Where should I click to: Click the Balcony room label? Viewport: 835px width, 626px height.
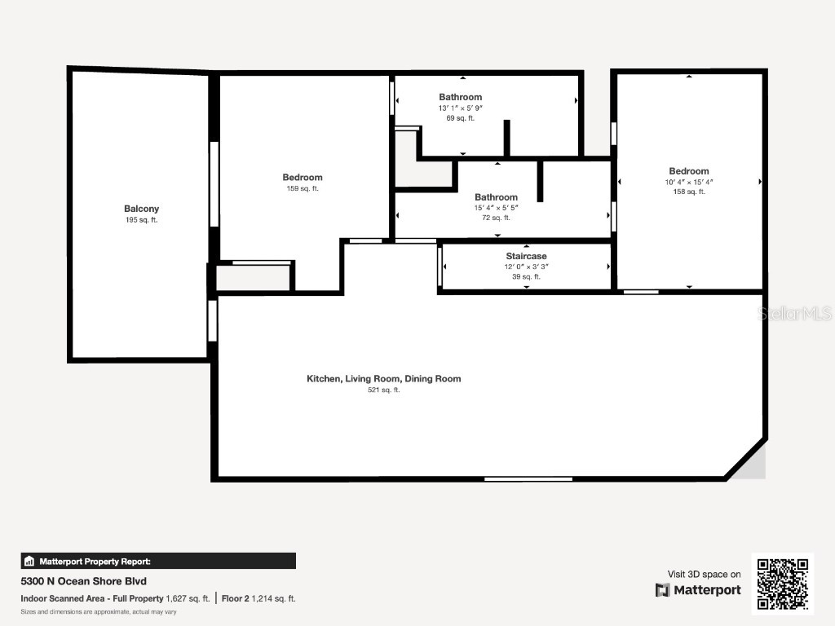(x=141, y=209)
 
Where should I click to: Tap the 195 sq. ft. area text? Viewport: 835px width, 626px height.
(x=141, y=220)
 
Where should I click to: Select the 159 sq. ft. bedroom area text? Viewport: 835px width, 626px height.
(x=303, y=188)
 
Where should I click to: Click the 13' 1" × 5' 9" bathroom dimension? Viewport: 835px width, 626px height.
(x=461, y=108)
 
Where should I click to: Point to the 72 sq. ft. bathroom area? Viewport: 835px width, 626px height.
(x=496, y=218)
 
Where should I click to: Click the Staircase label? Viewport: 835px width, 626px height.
(x=526, y=256)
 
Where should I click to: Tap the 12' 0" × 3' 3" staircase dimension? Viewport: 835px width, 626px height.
(x=526, y=267)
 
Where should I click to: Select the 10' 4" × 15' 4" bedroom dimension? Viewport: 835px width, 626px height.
(x=689, y=182)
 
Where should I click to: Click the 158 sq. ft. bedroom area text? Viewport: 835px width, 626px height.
(x=689, y=192)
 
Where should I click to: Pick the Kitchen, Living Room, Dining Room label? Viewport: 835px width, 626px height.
(x=383, y=378)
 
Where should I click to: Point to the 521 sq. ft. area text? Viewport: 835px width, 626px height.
(x=383, y=390)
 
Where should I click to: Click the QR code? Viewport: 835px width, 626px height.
(x=783, y=583)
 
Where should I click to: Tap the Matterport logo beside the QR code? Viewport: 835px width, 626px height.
(x=699, y=590)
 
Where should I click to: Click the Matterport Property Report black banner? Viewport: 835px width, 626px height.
(x=158, y=561)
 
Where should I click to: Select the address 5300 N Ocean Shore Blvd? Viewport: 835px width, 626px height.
(x=83, y=581)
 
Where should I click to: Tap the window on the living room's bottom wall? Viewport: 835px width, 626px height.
(x=528, y=478)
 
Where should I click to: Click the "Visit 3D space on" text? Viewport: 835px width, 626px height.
(x=705, y=575)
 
